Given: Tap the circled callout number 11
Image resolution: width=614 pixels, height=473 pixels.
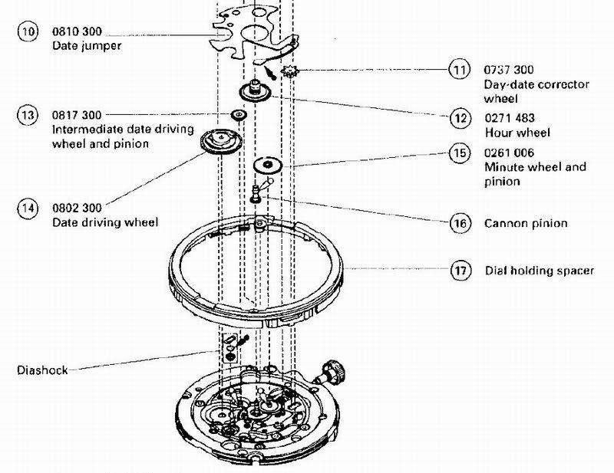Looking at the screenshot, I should tap(459, 71).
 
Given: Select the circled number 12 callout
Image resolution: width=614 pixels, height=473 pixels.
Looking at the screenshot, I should tap(459, 119).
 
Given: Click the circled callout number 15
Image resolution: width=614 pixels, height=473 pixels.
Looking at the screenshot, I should tap(459, 153).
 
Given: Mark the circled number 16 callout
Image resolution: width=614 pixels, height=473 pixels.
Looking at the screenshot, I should tap(459, 224).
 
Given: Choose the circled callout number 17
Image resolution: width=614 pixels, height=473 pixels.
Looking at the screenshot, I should tap(459, 270).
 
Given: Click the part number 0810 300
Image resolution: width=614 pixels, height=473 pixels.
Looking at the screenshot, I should tap(77, 34).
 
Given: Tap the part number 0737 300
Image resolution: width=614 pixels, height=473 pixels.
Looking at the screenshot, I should tap(509, 70).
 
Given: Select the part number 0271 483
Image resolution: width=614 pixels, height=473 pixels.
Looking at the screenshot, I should tap(509, 119).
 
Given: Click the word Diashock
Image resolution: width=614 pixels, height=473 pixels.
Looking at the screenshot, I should tap(42, 370).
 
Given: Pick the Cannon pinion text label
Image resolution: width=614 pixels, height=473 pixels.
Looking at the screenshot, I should tap(526, 224).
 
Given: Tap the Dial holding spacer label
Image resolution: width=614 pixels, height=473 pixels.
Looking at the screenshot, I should tap(539, 271).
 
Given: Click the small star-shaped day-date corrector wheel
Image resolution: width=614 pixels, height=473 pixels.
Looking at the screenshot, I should tap(290, 74).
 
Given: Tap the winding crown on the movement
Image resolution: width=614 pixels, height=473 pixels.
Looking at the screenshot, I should tap(335, 373).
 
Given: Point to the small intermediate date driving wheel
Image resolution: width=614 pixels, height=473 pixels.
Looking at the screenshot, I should tap(239, 116).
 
